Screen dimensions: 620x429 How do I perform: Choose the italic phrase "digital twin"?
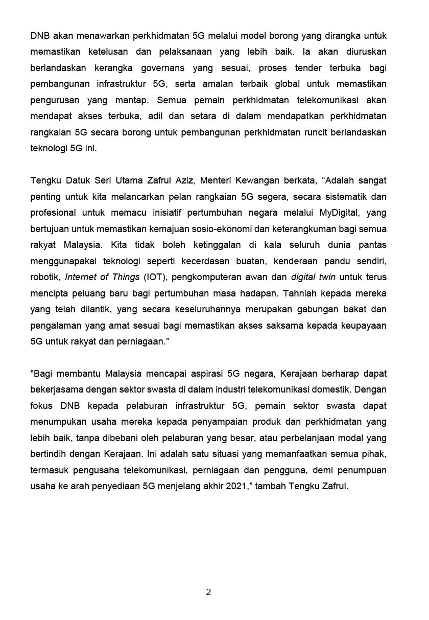[x=313, y=277]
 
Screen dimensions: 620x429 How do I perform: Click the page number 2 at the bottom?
[x=208, y=592]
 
